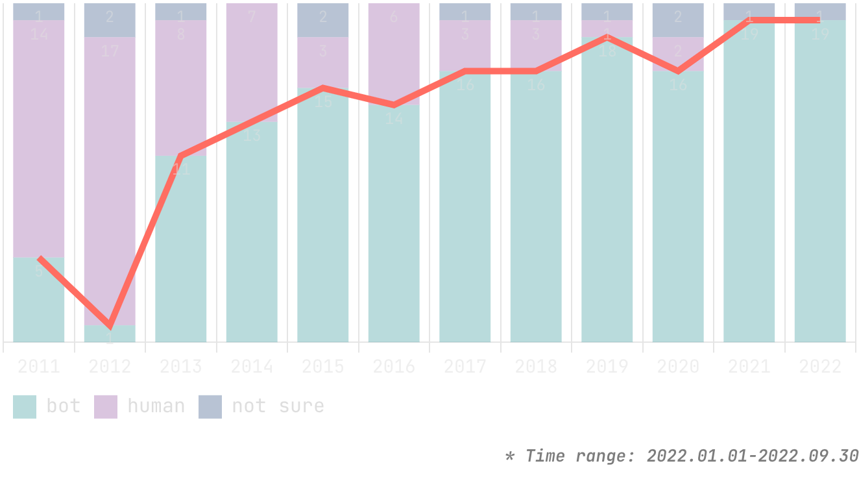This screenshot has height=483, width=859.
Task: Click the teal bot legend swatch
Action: point(25,406)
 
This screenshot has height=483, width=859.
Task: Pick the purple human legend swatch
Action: point(106,406)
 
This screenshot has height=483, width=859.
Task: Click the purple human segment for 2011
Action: point(39,143)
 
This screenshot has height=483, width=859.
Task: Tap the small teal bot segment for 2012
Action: point(110,334)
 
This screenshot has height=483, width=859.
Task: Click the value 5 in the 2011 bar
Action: point(39,271)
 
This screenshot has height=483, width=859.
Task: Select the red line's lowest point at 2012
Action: point(110,325)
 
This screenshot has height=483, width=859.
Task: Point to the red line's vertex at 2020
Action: point(678,71)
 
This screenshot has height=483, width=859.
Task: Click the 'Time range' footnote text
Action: point(681,456)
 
